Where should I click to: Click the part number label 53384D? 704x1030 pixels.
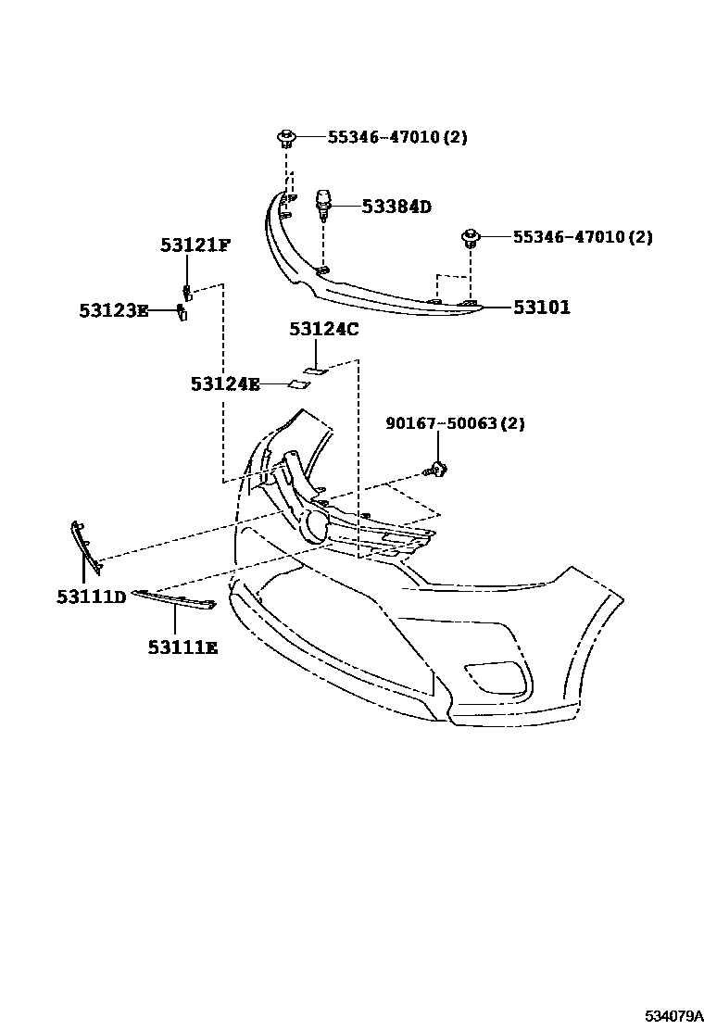coord(396,207)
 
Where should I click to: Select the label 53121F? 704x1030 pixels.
coord(195,245)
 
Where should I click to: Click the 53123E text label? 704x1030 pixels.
coord(113,311)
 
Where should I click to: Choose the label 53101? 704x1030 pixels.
coord(542,308)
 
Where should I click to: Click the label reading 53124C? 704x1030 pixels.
coord(323,329)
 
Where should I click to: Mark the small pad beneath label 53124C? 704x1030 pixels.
coord(316,371)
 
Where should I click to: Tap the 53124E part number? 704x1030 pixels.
coord(225,383)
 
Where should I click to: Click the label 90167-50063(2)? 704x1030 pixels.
coord(455,423)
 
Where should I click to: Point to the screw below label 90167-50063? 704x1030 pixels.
coord(436,471)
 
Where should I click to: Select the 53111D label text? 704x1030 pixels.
coord(90,597)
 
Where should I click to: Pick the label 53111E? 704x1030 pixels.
coord(182,647)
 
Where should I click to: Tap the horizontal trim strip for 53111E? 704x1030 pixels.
coord(174,599)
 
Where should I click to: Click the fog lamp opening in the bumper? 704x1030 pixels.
coord(497,679)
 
